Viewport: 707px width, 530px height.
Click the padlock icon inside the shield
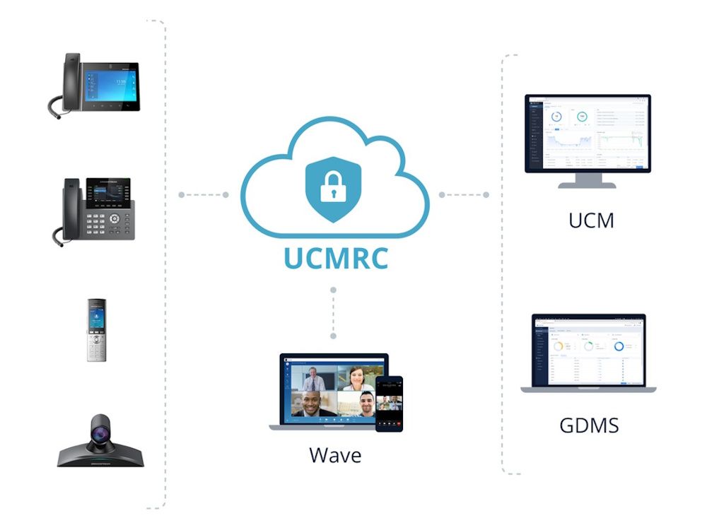coord(333,186)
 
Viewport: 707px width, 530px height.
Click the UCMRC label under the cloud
coord(337,257)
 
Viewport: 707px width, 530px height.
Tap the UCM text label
coord(591,220)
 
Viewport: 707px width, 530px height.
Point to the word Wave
coord(335,454)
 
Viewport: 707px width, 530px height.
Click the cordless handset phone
coord(96,330)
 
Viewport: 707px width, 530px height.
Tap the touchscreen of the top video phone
coord(110,86)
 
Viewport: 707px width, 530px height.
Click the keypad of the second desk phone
coord(102,225)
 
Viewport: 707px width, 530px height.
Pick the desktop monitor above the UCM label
coord(588,134)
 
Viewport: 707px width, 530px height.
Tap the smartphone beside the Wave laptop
coord(389,404)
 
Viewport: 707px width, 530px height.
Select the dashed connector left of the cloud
coord(204,194)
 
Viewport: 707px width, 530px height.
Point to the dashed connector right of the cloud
coord(464,194)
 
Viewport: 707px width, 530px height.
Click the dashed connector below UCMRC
coord(333,312)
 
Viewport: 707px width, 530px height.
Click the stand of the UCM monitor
coord(587,181)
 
